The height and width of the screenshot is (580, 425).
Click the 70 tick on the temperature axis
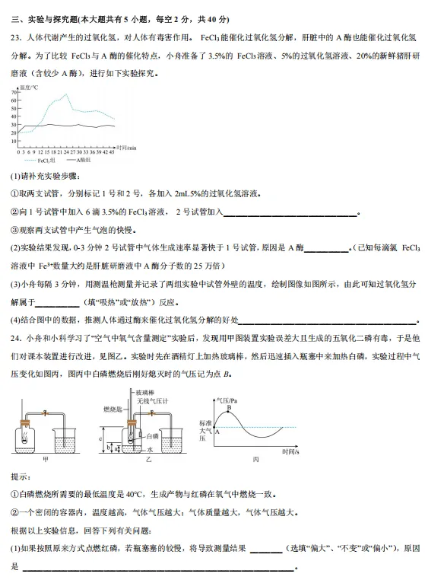pos(13,93)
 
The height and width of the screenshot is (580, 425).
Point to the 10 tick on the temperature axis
pos(13,141)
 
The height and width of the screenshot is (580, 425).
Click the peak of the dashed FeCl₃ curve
pos(65,95)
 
